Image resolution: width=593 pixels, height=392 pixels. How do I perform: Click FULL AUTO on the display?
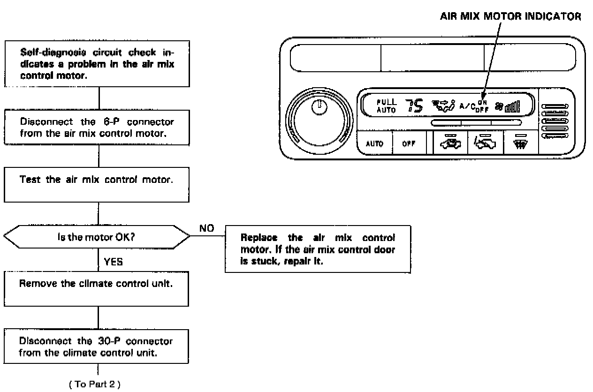pos(387,106)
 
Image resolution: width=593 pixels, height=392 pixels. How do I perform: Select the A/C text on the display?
pos(467,106)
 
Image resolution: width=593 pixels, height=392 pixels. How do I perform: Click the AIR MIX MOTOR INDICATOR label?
pos(510,16)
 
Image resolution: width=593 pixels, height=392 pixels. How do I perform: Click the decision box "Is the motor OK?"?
pos(98,237)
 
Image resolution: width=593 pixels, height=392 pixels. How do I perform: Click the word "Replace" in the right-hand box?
pos(256,237)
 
